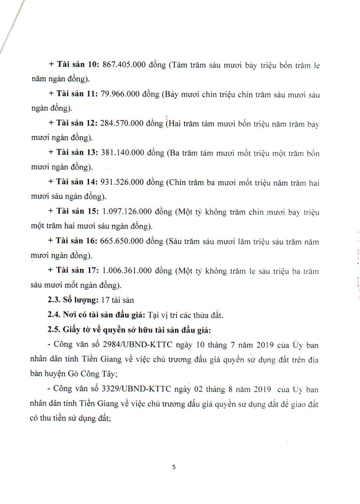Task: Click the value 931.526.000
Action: (x=123, y=182)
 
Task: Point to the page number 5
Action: (x=174, y=468)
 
